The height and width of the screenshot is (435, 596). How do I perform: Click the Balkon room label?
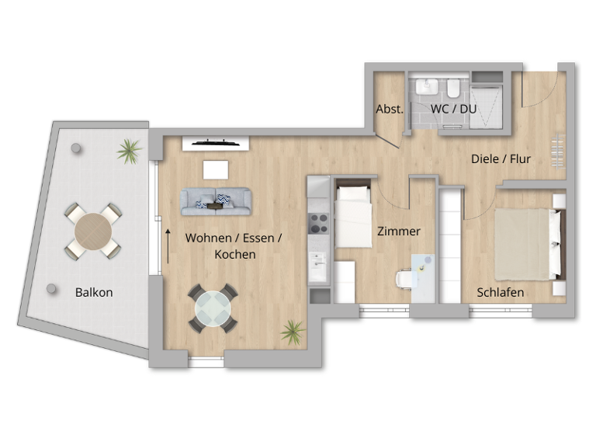(94, 293)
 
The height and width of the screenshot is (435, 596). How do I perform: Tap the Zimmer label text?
(398, 231)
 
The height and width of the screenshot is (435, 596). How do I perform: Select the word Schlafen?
(500, 293)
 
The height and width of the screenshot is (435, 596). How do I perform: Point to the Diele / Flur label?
(501, 158)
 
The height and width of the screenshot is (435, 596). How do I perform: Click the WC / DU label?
(454, 109)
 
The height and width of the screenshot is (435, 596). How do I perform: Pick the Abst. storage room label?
(389, 109)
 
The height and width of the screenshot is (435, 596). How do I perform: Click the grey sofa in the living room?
(217, 201)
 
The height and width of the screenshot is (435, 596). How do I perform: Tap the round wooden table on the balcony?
(92, 231)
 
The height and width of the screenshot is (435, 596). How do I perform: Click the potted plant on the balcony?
(129, 149)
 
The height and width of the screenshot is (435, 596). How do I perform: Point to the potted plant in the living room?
(293, 332)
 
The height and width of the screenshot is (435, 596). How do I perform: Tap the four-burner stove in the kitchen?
(319, 224)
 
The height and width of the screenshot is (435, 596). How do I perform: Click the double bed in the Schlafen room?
(527, 243)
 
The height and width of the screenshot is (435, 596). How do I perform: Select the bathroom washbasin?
(426, 86)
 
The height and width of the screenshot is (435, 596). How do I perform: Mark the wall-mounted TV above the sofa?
(216, 143)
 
